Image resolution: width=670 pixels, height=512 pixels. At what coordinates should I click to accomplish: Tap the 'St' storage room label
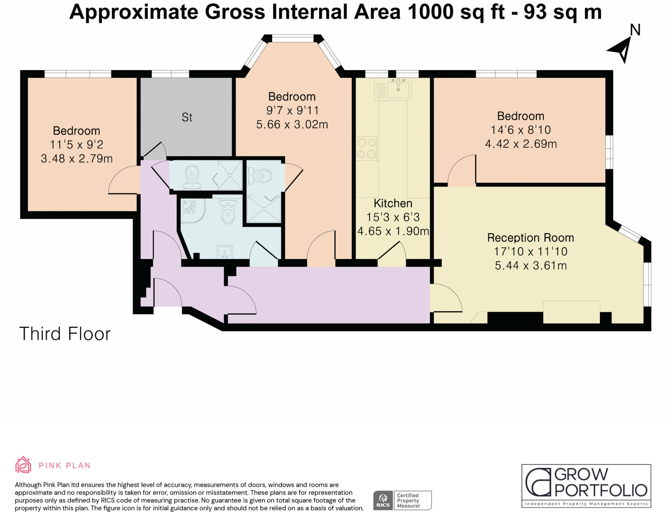187,117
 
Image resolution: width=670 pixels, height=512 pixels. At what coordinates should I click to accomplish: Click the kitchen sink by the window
398,89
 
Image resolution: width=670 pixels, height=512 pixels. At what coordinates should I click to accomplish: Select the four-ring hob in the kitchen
367,148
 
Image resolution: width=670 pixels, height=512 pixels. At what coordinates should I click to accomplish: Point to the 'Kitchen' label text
393,203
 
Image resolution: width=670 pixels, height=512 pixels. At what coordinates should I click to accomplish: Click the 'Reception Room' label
530,238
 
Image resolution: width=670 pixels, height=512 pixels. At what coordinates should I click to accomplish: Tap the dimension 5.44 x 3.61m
531,266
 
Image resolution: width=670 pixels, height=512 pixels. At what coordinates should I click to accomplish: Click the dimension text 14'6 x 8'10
521,130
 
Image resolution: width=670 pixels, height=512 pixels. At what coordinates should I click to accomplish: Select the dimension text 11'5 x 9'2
76,144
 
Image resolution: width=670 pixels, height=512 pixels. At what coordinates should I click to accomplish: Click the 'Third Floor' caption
65,334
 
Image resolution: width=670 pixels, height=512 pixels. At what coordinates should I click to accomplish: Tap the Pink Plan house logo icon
23,465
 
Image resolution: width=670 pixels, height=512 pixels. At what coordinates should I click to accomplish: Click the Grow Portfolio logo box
586,486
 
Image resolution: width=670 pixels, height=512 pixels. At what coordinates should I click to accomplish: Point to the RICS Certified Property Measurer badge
402,500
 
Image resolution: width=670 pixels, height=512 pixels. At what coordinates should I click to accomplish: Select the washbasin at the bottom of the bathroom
224,251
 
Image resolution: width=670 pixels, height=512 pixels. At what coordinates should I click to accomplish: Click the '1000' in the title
430,12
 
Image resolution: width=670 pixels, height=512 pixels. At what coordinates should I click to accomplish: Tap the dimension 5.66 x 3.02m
292,125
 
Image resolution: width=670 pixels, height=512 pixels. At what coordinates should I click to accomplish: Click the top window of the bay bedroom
292,39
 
